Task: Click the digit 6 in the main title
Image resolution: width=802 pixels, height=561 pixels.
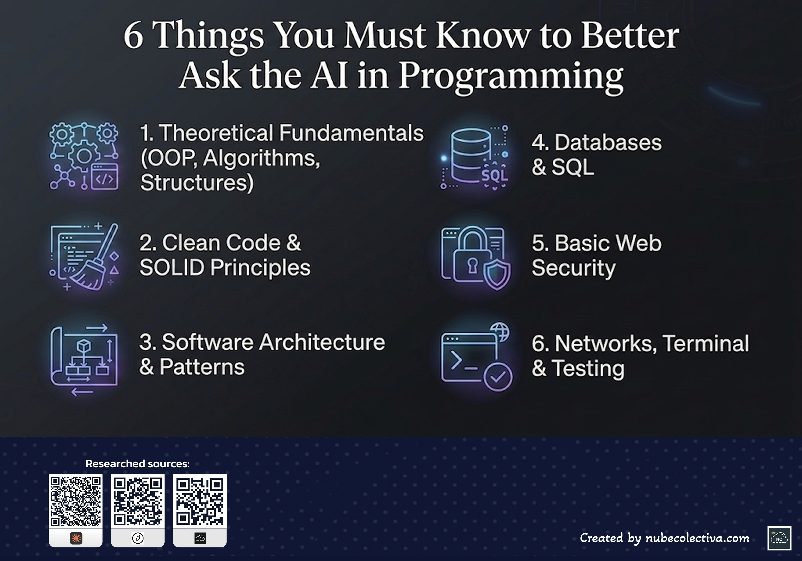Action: (133, 36)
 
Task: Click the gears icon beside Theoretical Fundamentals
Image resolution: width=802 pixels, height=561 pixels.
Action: (84, 156)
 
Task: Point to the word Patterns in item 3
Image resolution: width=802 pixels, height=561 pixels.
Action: (202, 367)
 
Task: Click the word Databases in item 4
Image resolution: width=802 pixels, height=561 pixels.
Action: (608, 143)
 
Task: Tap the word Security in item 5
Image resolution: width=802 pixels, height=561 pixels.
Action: (574, 269)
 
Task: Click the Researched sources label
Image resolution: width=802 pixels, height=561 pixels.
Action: (138, 464)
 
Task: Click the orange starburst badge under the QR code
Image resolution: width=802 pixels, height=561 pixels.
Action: (76, 538)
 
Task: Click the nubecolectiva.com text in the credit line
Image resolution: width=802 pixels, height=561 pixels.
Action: (697, 538)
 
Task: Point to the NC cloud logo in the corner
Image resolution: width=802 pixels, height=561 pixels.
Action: (779, 538)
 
